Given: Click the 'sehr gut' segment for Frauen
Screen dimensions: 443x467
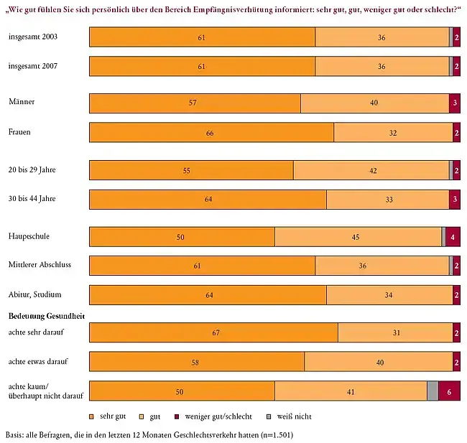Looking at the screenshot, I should pyautogui.click(x=211, y=133).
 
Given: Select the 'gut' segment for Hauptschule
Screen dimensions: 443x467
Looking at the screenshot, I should pyautogui.click(x=358, y=236).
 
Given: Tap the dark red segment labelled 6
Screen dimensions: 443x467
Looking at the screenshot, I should pyautogui.click(x=449, y=391).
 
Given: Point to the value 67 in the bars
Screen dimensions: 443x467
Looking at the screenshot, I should pyautogui.click(x=213, y=333).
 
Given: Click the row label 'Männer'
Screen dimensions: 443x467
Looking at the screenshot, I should pyautogui.click(x=21, y=102).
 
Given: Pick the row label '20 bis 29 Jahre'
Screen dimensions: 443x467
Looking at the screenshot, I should pyautogui.click(x=32, y=169).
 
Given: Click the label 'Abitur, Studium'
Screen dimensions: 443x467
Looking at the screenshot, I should pyautogui.click(x=34, y=294).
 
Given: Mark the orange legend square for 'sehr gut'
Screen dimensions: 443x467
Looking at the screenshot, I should pyautogui.click(x=92, y=416).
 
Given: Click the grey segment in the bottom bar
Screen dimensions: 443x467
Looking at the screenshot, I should pyautogui.click(x=432, y=391).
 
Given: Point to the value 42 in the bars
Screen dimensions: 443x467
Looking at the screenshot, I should pyautogui.click(x=373, y=170).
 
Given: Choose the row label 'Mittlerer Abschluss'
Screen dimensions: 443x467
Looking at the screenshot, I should pyautogui.click(x=40, y=264).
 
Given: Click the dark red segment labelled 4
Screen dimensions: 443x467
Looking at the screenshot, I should pyautogui.click(x=453, y=236).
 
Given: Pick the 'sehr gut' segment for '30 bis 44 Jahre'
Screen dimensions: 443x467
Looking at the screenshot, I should pyautogui.click(x=208, y=199).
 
